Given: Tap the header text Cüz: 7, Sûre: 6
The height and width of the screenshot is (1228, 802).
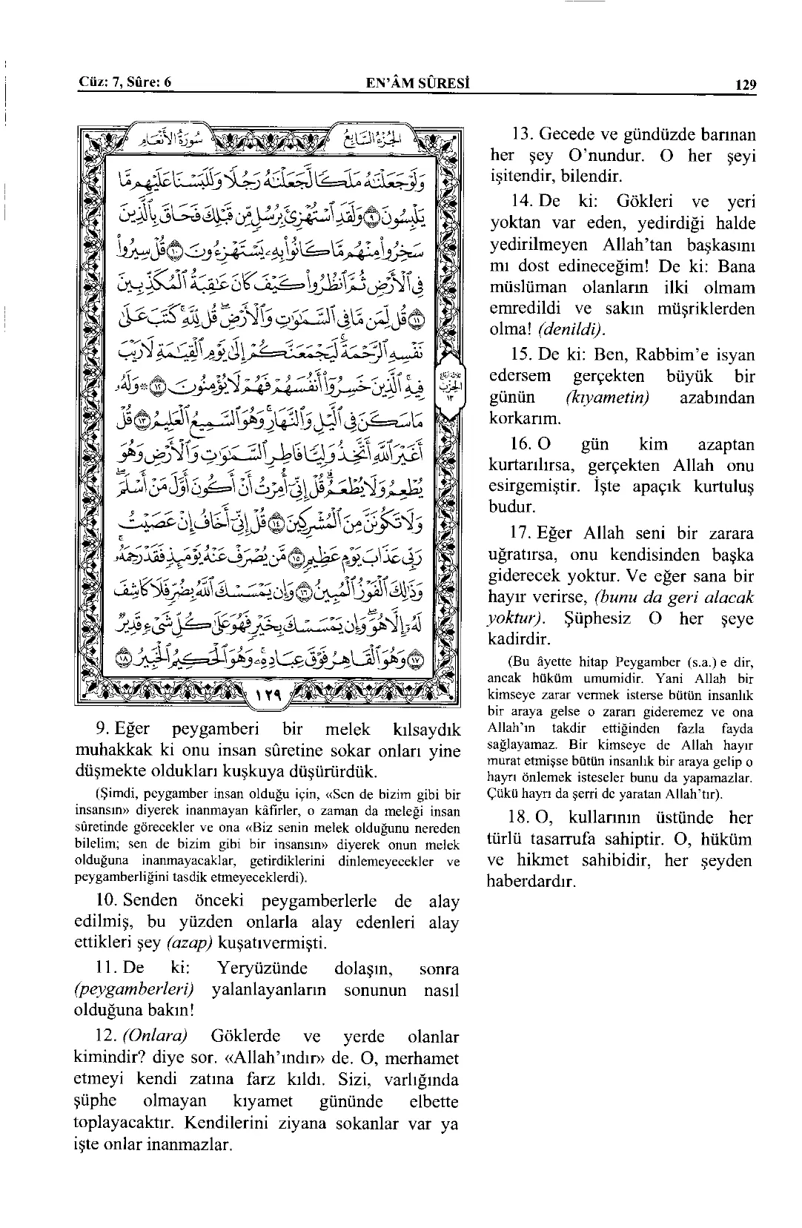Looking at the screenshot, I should tap(125, 82).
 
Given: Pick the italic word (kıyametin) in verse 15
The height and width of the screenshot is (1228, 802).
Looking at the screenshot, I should tap(607, 397).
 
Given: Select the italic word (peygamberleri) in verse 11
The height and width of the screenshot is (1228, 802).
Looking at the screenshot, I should tap(135, 990).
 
